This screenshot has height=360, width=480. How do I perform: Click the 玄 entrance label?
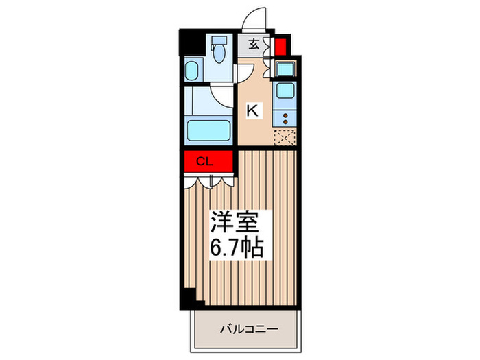253,45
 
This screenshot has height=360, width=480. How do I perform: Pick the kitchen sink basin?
284,91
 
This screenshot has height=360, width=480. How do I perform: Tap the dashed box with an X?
284,137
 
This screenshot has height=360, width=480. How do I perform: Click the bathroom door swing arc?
221,96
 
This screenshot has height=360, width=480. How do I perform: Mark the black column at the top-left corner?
186,42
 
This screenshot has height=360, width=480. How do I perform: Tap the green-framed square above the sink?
284,68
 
